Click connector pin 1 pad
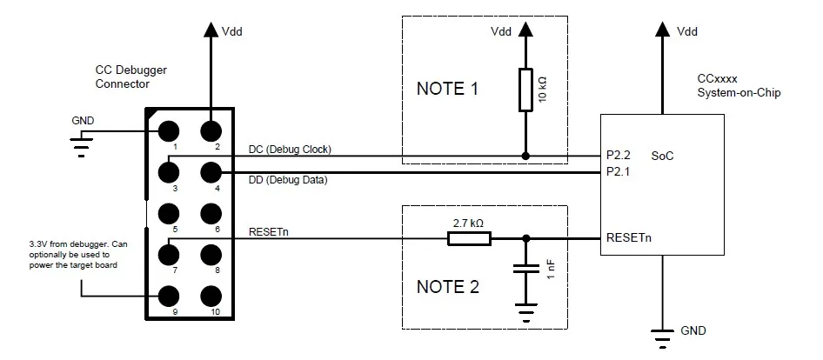pyautogui.click(x=169, y=130)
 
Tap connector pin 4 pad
pyautogui.click(x=211, y=172)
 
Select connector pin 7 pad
pyautogui.click(x=169, y=255)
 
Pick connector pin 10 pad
pyautogui.click(x=211, y=297)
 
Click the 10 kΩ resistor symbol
pyautogui.click(x=525, y=90)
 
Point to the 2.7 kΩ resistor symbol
pyautogui.click(x=469, y=239)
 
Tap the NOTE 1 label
pyautogui.click(x=447, y=89)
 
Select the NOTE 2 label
pyautogui.click(x=448, y=287)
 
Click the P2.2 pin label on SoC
pyautogui.click(x=618, y=156)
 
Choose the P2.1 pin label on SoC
pyautogui.click(x=618, y=171)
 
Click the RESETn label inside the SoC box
pyautogui.click(x=629, y=237)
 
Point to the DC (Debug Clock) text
pyautogui.click(x=290, y=150)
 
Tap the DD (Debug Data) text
pyautogui.click(x=288, y=181)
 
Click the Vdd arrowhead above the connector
pyautogui.click(x=211, y=30)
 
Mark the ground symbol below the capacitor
pyautogui.click(x=526, y=311)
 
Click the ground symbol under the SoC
pyautogui.click(x=662, y=338)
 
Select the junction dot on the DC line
pyautogui.click(x=525, y=156)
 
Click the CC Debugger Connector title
pyautogui.click(x=131, y=77)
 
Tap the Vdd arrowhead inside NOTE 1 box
pyautogui.click(x=525, y=30)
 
